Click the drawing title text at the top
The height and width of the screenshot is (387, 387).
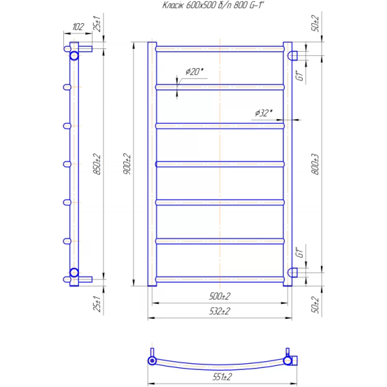[x=213, y=5]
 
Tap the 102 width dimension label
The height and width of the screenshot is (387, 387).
[x=78, y=27]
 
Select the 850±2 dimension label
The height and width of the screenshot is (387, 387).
[x=97, y=164]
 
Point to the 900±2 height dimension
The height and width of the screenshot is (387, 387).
[x=127, y=164]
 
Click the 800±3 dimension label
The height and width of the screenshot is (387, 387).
[x=315, y=164]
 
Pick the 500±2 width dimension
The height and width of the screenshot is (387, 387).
[x=219, y=296]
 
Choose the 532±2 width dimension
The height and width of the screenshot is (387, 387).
[x=219, y=311]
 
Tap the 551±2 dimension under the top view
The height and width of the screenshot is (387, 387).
[x=222, y=377]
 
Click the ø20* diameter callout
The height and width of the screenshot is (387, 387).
[x=194, y=72]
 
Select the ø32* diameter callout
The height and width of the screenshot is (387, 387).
[x=264, y=113]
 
